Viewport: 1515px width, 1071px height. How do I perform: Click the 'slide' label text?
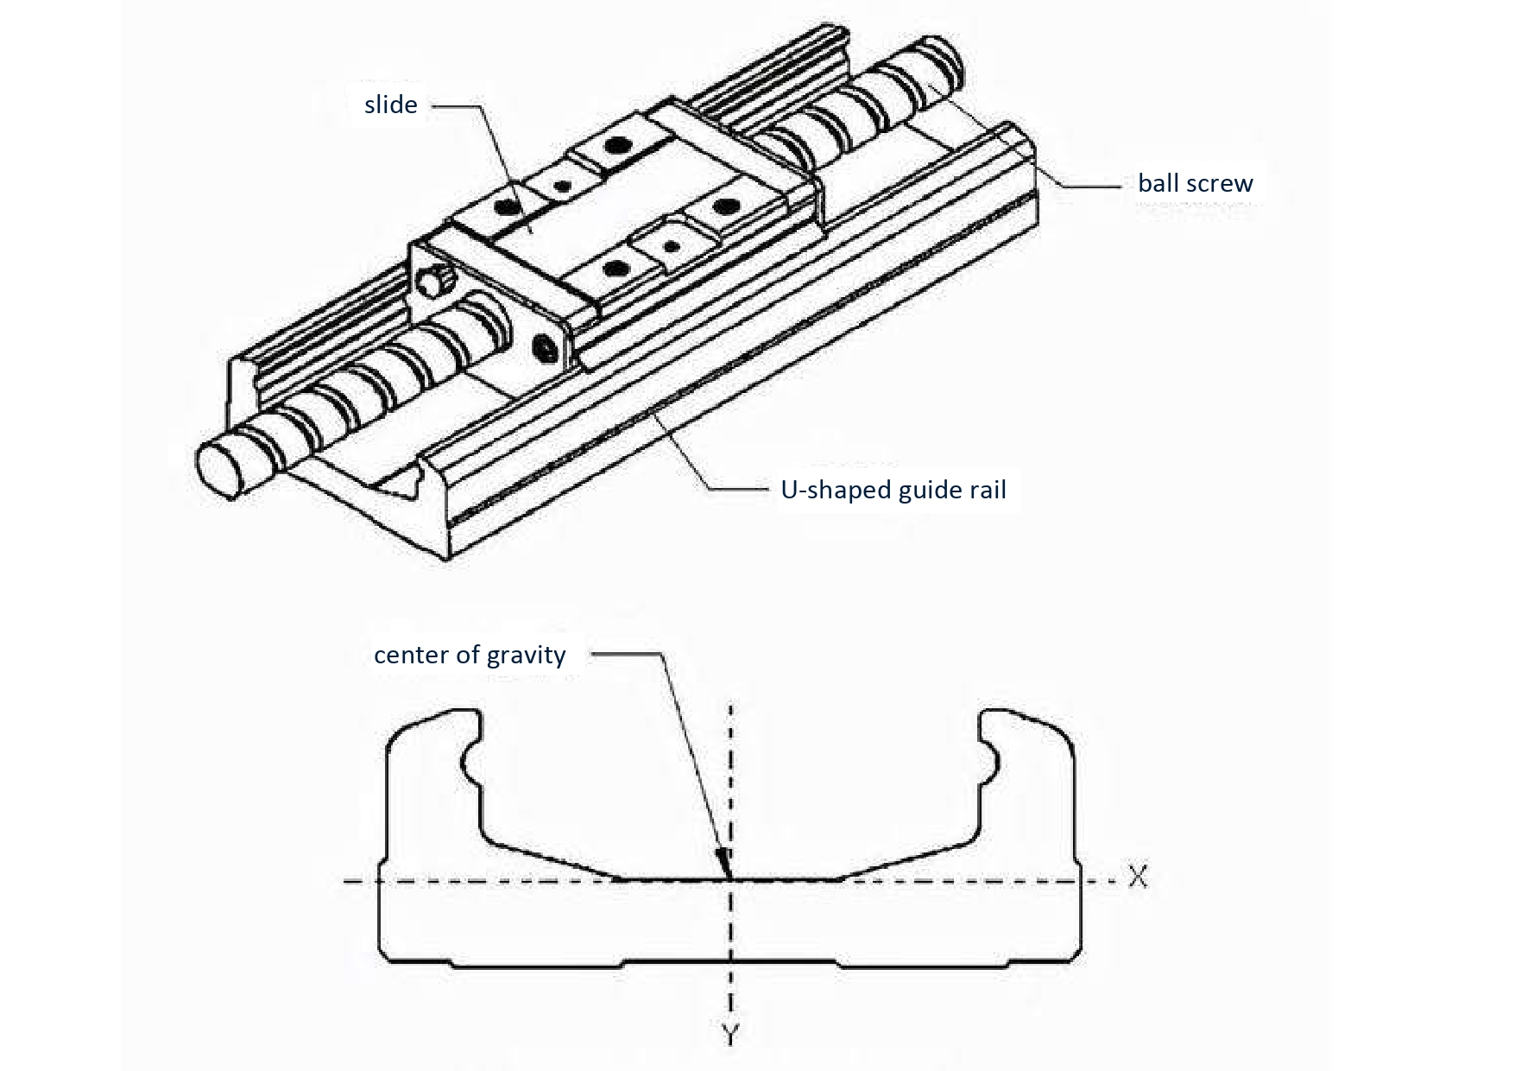click(x=390, y=105)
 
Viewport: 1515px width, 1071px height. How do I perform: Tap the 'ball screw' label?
click(x=1195, y=183)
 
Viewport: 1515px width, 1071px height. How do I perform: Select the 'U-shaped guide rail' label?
click(x=893, y=491)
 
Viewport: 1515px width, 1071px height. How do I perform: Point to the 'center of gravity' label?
click(x=470, y=655)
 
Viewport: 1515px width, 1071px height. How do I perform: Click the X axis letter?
click(x=1138, y=878)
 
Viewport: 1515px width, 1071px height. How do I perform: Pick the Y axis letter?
click(x=730, y=1034)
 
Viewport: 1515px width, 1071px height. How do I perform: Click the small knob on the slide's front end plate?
click(x=435, y=283)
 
